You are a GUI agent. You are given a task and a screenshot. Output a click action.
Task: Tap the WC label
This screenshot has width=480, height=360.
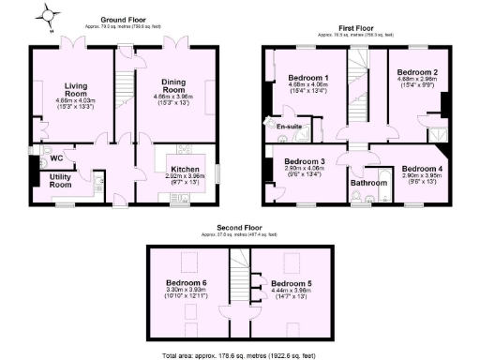point(55,157)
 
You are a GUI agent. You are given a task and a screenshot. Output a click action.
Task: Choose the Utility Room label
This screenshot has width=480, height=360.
point(62,181)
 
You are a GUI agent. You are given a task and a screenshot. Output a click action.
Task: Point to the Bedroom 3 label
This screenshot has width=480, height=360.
point(304,161)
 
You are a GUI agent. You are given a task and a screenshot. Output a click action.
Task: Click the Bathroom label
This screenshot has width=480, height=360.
point(368,183)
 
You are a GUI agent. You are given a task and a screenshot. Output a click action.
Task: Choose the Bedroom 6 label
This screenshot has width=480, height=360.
point(186,282)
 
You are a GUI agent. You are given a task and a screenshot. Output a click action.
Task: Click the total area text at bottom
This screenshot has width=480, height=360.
point(239,355)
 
